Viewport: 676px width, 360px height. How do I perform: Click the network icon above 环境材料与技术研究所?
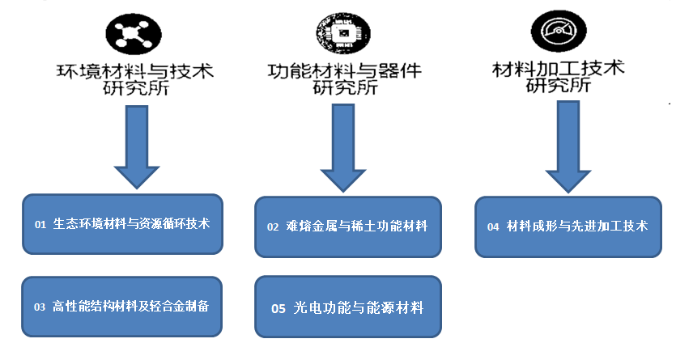click(134, 33)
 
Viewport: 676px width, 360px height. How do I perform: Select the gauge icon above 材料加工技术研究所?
click(558, 33)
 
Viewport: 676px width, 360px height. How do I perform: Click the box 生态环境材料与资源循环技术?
click(122, 224)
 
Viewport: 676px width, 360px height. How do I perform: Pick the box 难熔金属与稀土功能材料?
click(348, 227)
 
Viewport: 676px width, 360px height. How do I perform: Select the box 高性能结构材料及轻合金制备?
click(122, 307)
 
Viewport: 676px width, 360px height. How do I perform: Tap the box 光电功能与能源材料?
click(348, 307)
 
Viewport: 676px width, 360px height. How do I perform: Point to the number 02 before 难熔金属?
click(273, 227)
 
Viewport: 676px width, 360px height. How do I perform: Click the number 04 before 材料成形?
click(493, 227)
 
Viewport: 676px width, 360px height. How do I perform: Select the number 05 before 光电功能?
click(278, 308)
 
